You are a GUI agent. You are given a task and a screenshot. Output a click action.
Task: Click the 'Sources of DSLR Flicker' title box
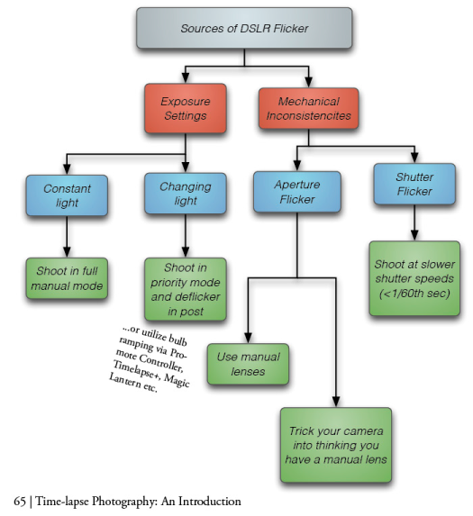[x=244, y=29]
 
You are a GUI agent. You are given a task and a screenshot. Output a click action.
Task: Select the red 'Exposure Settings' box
[x=185, y=110]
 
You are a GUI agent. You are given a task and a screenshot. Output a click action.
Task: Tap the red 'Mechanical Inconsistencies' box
[x=308, y=110]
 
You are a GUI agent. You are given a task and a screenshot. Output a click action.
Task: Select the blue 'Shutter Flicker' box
[x=414, y=184]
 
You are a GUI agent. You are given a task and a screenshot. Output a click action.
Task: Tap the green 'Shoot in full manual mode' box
[x=67, y=279]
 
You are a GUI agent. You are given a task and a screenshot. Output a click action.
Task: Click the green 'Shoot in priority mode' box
[x=185, y=288]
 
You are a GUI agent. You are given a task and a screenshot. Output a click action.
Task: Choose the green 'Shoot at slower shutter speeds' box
[x=414, y=277]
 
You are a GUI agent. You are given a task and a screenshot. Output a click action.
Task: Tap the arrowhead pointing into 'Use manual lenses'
[x=248, y=337]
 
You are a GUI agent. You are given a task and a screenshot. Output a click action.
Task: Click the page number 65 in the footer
[x=20, y=501]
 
